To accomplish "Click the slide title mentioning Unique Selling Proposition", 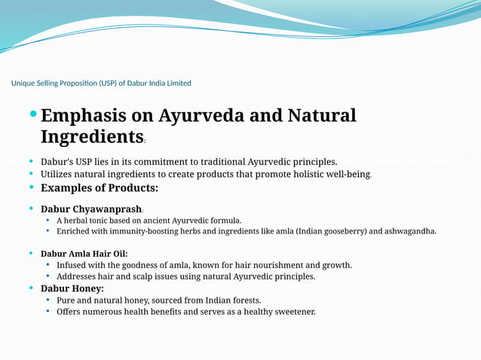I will tap(101, 83).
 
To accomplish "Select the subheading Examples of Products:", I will tap(99, 188).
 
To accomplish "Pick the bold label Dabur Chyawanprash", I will tap(91, 209).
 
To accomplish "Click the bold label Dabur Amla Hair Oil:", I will tap(84, 254).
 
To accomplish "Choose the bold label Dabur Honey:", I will tap(72, 288).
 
